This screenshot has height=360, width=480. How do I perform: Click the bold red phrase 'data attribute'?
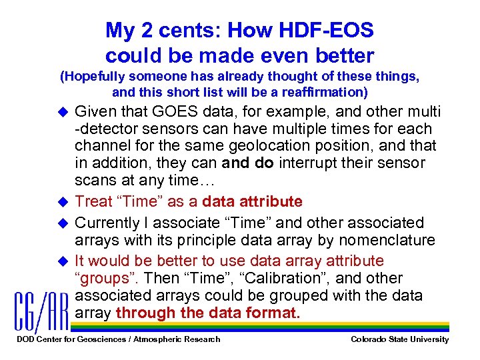252,201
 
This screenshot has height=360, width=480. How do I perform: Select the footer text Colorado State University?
400,340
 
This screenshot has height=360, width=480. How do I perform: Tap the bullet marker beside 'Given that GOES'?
63,111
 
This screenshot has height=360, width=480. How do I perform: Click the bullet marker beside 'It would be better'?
63,261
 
